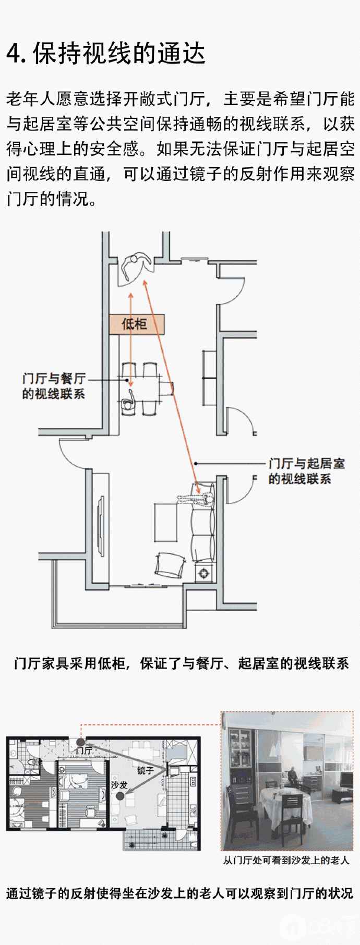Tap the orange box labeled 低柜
tap(136, 324)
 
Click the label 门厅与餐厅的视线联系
tap(53, 386)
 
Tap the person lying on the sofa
tap(196, 499)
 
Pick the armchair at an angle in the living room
tap(170, 565)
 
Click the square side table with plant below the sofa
tap(203, 574)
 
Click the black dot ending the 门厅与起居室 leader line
tap(196, 463)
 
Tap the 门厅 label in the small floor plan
tap(83, 750)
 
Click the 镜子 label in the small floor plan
tap(145, 770)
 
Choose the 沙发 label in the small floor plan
tap(119, 784)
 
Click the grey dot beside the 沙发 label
tap(120, 796)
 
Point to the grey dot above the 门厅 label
tap(80, 742)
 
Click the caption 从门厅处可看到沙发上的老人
tap(286, 860)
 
